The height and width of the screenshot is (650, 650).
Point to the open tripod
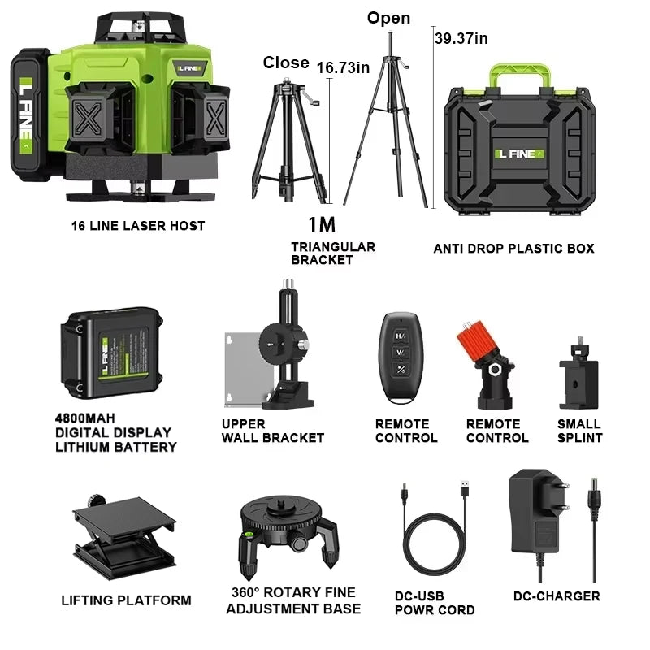pos(388,130)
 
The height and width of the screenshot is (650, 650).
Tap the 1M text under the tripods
pos(321,224)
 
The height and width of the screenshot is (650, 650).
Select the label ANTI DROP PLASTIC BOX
pos(513,248)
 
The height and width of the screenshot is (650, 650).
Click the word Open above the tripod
pos(388,18)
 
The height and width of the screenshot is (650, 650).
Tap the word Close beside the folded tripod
pos(285,63)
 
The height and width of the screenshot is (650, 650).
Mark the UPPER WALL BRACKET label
pos(272,431)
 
